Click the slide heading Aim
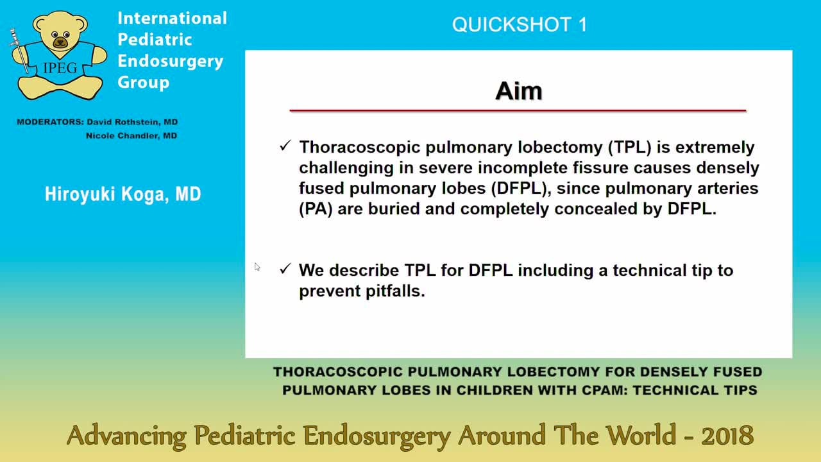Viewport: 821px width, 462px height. click(x=518, y=91)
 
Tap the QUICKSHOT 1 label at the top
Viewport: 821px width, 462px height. click(x=519, y=25)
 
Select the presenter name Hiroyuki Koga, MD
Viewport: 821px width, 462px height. click(x=123, y=194)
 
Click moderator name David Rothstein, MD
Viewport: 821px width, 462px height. click(x=132, y=122)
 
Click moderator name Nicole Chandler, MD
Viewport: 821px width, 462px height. click(x=131, y=136)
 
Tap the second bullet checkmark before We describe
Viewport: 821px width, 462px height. click(x=285, y=269)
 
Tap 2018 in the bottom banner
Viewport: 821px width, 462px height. click(x=727, y=436)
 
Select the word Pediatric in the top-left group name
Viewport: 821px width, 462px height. click(x=155, y=39)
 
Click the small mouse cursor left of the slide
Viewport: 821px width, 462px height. click(x=257, y=267)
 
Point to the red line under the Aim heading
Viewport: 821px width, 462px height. click(x=518, y=111)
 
